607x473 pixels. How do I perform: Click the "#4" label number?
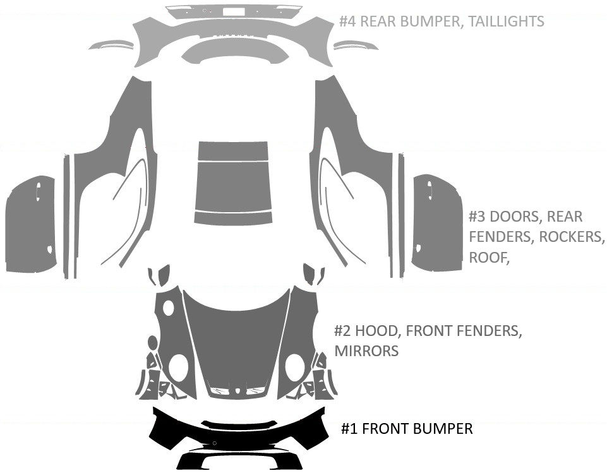(347, 21)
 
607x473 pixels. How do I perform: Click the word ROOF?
(488, 257)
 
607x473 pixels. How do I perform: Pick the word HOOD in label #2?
(377, 331)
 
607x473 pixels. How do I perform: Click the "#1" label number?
(351, 429)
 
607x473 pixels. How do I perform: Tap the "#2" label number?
(343, 331)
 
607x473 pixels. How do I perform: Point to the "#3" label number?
(478, 217)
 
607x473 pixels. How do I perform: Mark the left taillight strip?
(112, 45)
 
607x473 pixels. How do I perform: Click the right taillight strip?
(356, 45)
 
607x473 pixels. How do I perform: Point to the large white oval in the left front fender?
(179, 367)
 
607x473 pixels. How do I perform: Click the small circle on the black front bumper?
(215, 444)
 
